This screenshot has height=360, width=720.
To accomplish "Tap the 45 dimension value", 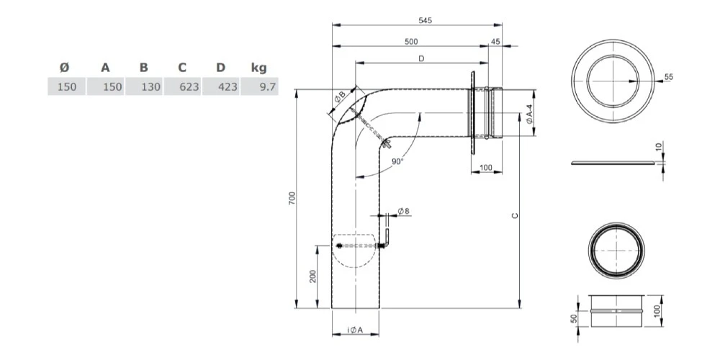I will (x=495, y=42).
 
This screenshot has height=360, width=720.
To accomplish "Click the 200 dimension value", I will (x=312, y=278).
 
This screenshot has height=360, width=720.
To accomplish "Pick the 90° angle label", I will (x=397, y=161).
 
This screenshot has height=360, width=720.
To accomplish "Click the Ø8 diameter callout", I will (x=404, y=211).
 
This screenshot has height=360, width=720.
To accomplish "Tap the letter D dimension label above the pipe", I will (x=420, y=59).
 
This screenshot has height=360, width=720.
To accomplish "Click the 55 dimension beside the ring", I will (x=669, y=76).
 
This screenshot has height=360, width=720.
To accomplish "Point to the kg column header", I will (x=259, y=68).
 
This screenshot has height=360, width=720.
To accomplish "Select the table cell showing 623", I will (x=181, y=87).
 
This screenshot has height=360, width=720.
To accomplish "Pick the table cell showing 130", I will (x=143, y=87).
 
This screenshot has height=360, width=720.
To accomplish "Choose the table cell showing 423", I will (x=220, y=87).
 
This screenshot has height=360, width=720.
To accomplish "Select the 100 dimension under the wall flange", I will (x=485, y=168).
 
